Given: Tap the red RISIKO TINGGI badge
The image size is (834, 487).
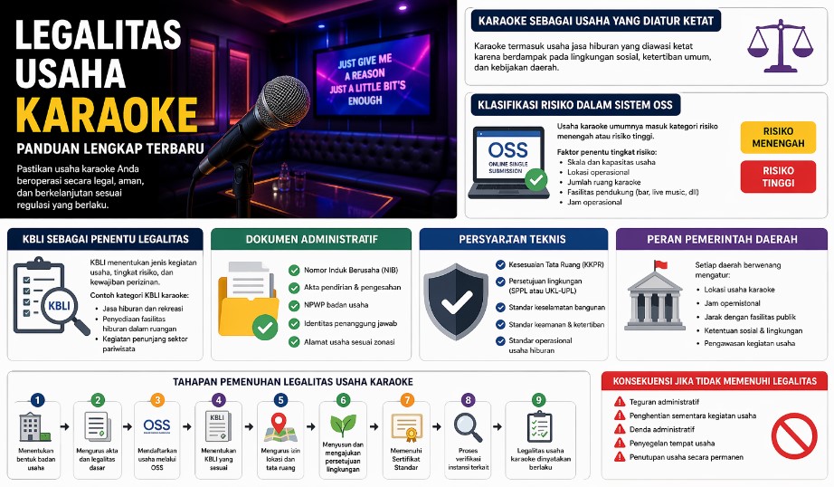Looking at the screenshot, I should (778, 177).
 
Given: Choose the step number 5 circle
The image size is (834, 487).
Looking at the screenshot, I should (280, 399).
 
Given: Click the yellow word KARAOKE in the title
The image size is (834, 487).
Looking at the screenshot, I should (107, 114).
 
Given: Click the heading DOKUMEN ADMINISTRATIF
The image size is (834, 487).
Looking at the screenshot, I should (312, 239).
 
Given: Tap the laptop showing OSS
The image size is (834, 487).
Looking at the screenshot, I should (509, 162).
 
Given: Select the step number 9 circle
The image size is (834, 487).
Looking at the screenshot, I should (539, 399).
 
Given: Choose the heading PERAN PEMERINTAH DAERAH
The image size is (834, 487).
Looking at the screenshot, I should (722, 239).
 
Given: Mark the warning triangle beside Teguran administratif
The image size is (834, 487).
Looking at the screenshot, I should (620, 401).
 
